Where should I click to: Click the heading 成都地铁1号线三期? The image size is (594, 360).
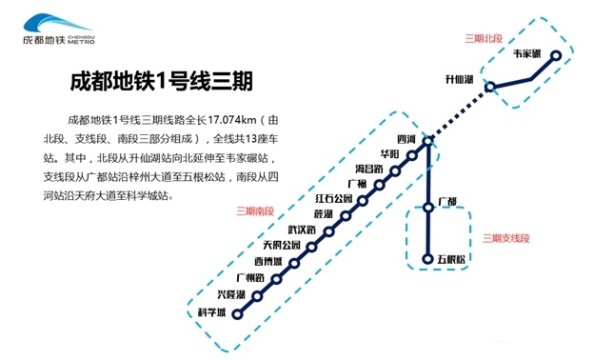pyautogui.click(x=161, y=82)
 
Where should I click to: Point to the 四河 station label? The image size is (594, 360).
pyautogui.click(x=406, y=139)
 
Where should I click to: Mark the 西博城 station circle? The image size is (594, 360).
pyautogui.click(x=293, y=263)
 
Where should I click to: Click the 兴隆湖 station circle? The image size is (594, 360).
pyautogui.click(x=257, y=295)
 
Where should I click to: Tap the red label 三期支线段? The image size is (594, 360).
pyautogui.click(x=505, y=237)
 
